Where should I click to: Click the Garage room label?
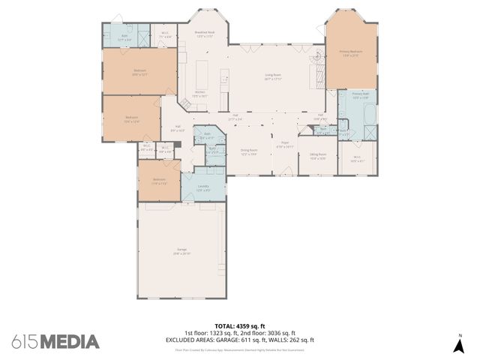pyautogui.click(x=181, y=250)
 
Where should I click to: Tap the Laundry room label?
pyautogui.click(x=203, y=187)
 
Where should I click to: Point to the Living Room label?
pyautogui.click(x=271, y=76)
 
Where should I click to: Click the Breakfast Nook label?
pyautogui.click(x=205, y=34)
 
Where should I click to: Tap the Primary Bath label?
pyautogui.click(x=360, y=95)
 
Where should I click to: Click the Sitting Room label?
pyautogui.click(x=317, y=157)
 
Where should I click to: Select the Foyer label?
pyautogui.click(x=285, y=145)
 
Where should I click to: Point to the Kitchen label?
pyautogui.click(x=199, y=94)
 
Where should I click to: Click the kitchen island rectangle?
pyautogui.click(x=202, y=75)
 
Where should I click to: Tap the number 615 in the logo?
pyautogui.click(x=25, y=341)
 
